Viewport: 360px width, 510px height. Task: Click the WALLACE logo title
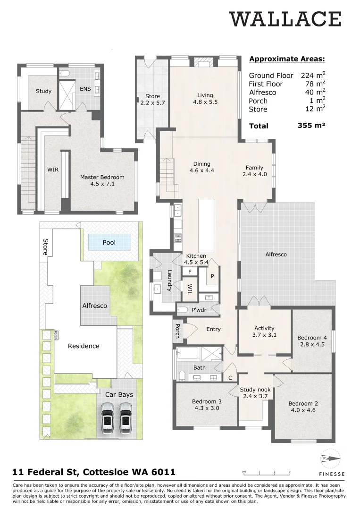pos(285,20)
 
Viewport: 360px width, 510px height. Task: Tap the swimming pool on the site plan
pos(109,242)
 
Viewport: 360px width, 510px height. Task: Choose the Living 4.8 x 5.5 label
pos(205,98)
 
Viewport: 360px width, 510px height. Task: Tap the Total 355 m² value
pos(311,126)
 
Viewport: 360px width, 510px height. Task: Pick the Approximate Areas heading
pos(287,59)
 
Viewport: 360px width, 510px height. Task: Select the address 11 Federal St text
pos(94,472)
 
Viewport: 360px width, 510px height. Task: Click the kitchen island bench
pos(206,226)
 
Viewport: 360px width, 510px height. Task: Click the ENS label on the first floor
pos(85,89)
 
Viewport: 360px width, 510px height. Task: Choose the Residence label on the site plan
pos(84,346)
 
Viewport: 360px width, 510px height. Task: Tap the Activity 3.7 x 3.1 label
pos(264,331)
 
